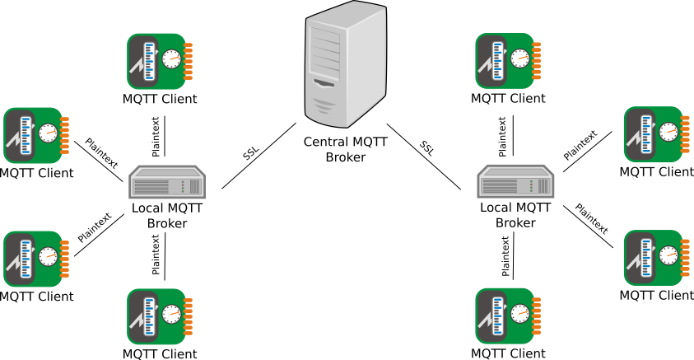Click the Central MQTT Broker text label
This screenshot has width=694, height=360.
coord(345,149)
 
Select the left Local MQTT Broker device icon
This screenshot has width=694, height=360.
coord(167,182)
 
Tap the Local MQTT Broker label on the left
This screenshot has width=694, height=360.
coord(167,215)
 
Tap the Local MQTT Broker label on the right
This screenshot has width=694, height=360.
coord(515,215)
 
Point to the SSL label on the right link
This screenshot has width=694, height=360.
coord(426,148)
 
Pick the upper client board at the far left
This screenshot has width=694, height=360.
coord(36,135)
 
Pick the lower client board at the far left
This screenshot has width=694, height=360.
coord(36,258)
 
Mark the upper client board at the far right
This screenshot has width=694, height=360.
coord(657,134)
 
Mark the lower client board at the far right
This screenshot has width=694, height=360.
coord(657,258)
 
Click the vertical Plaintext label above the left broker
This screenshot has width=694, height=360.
coord(156,137)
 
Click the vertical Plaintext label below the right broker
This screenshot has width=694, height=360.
coord(505,255)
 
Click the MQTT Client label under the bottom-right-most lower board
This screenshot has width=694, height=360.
coord(657,295)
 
